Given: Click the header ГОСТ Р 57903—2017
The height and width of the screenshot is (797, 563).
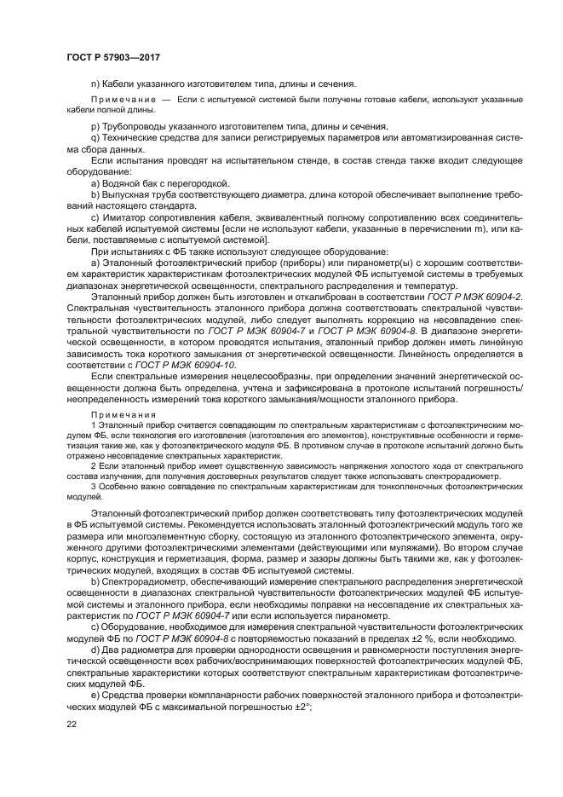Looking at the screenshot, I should (112, 57).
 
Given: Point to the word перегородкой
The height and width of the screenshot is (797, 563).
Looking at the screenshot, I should (200, 183).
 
